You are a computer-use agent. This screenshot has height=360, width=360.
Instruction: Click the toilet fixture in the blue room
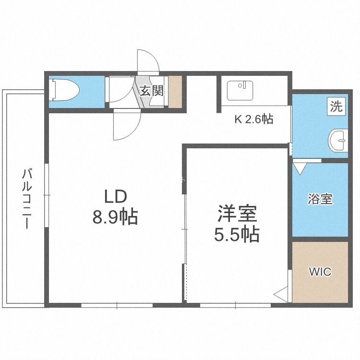[x=64, y=90]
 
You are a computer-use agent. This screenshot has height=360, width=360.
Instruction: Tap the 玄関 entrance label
[x=152, y=91]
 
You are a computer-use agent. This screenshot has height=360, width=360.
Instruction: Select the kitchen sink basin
[x=240, y=90]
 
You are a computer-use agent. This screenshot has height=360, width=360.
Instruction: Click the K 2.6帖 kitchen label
[x=254, y=119]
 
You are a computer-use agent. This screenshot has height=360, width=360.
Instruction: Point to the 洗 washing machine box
[x=336, y=106]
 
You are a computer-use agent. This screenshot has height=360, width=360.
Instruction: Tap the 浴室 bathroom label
[x=320, y=199]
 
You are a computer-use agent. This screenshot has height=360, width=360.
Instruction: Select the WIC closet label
[x=320, y=272]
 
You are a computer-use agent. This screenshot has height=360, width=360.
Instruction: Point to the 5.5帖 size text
[x=237, y=234]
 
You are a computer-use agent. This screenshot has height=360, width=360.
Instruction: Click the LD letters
[x=116, y=197]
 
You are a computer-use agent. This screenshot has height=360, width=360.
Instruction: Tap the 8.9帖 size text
[x=115, y=216]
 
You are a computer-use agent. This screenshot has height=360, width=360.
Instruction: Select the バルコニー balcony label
[x=27, y=199]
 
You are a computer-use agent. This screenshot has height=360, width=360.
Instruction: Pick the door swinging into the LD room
[x=127, y=124]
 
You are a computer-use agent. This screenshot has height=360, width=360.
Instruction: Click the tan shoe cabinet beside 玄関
[x=175, y=92]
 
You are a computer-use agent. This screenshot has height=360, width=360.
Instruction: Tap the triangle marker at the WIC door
[x=281, y=294]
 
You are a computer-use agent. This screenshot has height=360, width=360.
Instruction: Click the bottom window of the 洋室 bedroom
[x=235, y=305]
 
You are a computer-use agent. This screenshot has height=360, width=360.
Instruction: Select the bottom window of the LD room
[x=117, y=305]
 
